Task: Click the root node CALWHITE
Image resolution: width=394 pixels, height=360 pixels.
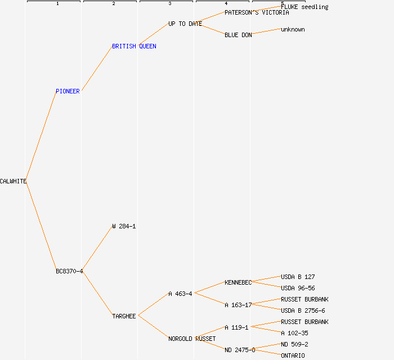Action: pos(13,181)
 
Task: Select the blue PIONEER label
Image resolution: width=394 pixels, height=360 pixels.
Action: pos(68,91)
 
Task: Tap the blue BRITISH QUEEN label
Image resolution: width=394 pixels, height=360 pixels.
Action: pos(134,46)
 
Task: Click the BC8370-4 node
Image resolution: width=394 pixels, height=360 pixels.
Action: pos(69,271)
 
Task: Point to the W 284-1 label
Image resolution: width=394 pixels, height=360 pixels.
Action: pos(124,226)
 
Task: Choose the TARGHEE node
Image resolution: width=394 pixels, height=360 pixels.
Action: pos(124,316)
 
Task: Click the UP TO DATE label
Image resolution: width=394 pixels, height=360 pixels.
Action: pos(185,24)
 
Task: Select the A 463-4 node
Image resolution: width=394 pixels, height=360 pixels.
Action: pos(180,294)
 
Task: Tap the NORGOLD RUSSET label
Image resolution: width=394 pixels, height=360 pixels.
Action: pos(191,339)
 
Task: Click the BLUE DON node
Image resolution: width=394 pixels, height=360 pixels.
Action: pos(238,35)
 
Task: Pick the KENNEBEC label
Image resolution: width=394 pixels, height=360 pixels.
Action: pos(238,282)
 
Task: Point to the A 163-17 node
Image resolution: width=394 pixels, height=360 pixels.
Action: pos(238,305)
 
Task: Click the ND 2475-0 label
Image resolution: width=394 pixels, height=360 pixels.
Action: pos(240,350)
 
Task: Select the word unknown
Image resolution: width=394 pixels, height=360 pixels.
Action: pos(293,29)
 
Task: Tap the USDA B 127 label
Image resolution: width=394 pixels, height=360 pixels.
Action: pos(298,277)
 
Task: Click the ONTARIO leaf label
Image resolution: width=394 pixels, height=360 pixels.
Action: pos(293,355)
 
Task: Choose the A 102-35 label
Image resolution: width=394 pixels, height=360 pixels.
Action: pos(294,333)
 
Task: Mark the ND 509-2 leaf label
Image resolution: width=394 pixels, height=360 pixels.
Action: pos(294,344)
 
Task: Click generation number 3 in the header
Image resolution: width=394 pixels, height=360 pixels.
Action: pos(169,4)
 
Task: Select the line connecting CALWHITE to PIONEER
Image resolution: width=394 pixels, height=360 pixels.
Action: pos(41,136)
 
